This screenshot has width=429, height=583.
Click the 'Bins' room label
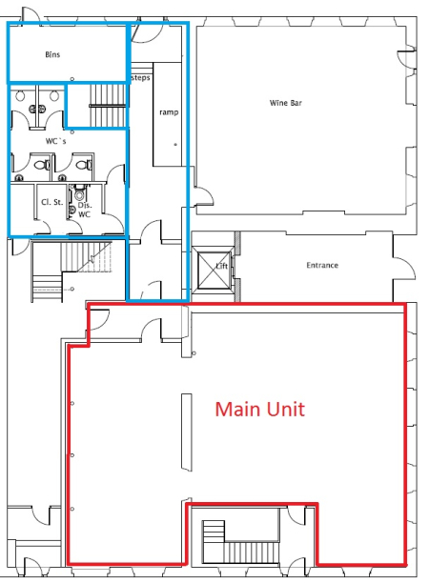tap(52, 55)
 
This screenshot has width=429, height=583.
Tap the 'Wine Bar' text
tap(286, 102)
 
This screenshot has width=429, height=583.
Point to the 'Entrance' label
tap(322, 265)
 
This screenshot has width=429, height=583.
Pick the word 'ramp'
tap(169, 111)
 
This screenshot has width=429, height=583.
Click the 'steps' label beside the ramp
tap(140, 77)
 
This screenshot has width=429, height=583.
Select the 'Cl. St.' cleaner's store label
tap(51, 202)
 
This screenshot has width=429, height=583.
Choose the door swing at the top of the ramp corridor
tap(143, 32)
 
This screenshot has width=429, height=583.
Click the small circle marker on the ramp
tap(174, 145)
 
